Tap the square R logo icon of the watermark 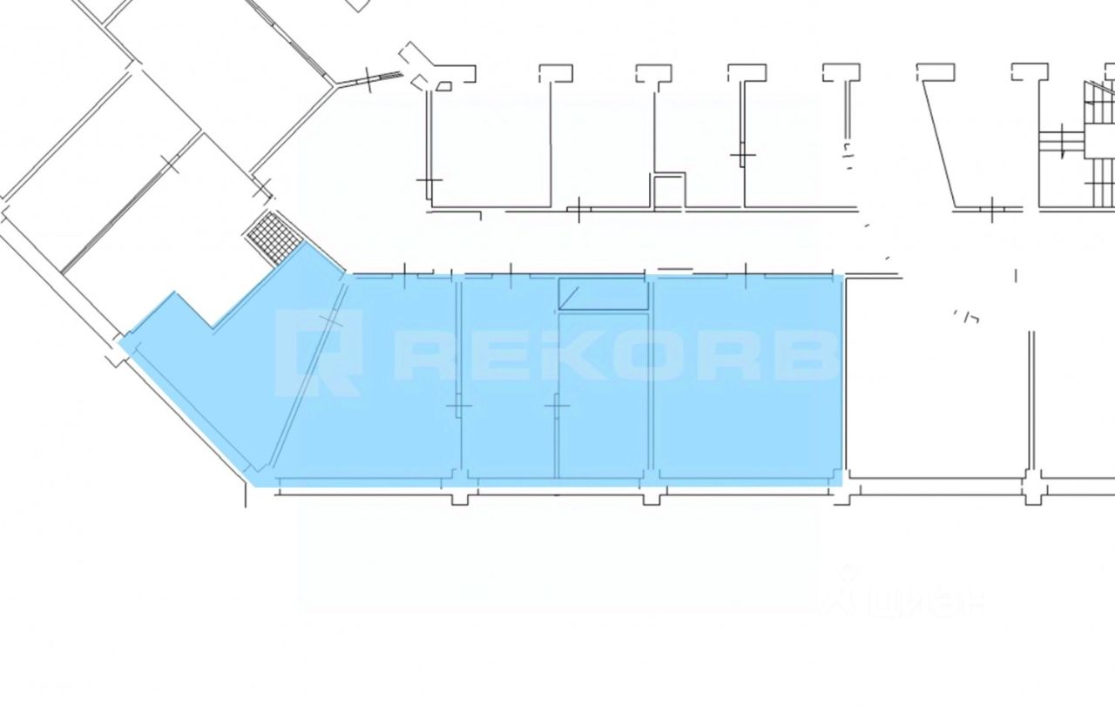click(317, 352)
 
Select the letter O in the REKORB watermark click(637, 355)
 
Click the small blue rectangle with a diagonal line click(603, 294)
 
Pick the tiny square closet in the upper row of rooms click(668, 191)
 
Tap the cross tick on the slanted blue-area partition click(332, 321)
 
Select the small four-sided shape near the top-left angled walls click(444, 85)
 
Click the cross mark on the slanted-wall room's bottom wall click(992, 209)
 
